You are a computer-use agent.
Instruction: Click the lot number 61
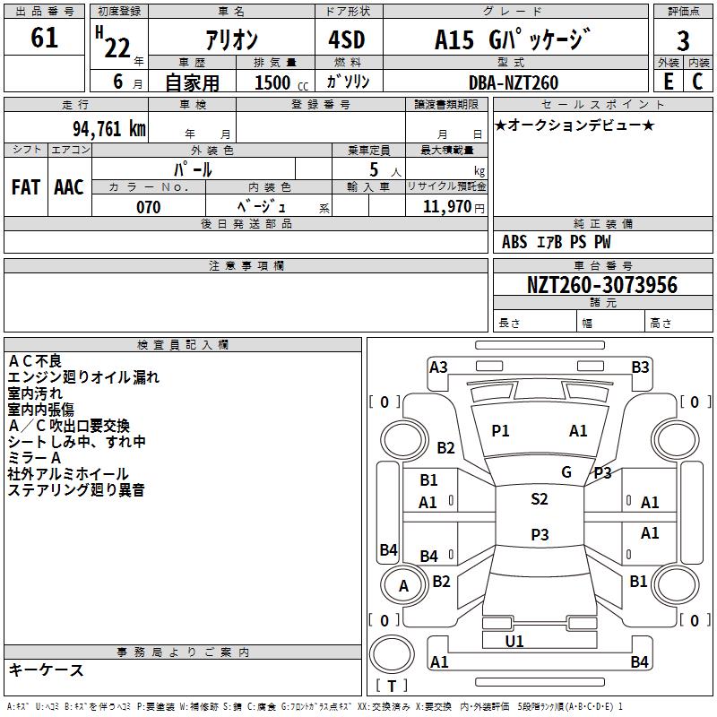pos(44,39)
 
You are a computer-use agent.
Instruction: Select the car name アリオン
pos(232,40)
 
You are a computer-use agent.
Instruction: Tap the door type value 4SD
pos(346,40)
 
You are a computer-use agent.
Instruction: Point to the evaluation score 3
pos(683,41)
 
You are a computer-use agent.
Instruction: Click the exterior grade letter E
pos(668,82)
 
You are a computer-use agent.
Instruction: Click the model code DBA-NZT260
pos(514,82)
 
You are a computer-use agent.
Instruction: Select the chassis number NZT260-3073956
pos(602,286)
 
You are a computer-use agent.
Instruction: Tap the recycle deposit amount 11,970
pos(447,207)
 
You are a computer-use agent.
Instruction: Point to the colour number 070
pos(148,207)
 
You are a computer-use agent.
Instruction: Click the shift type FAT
pos(26,187)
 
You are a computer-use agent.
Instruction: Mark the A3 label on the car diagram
pos(438,367)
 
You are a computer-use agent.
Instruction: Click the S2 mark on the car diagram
pos(540,499)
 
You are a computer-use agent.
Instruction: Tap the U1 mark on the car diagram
pos(514,641)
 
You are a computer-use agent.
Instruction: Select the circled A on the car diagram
pos(403,586)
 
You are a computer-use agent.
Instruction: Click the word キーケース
pos(46,670)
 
